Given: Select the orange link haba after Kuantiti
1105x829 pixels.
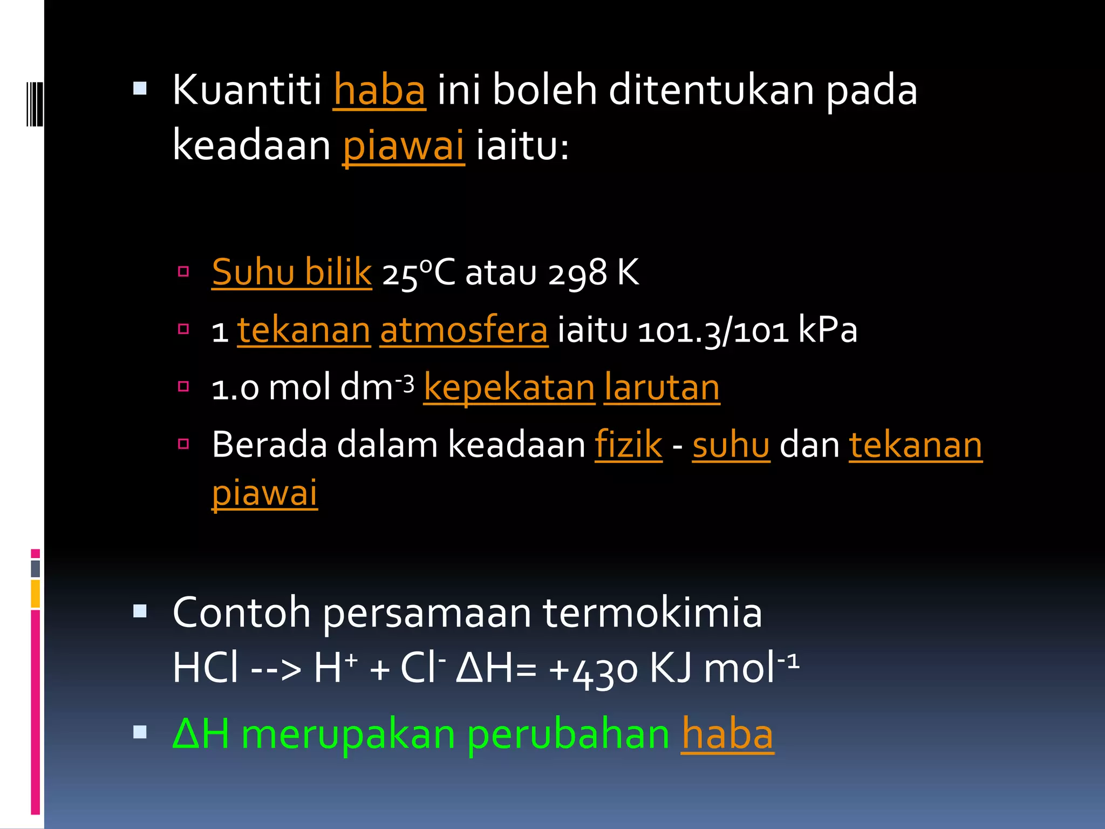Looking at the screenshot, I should [x=379, y=91].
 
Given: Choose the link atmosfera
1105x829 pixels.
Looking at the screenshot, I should [x=464, y=330].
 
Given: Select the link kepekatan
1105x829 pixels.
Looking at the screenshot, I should [x=509, y=388].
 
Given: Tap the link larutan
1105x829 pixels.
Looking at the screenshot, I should [x=662, y=388].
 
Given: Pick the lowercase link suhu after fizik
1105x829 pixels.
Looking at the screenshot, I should [x=731, y=445].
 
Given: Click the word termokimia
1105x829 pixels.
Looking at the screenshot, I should [x=652, y=613].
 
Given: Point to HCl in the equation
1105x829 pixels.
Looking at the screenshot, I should [x=206, y=668].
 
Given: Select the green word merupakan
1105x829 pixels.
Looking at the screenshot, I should [x=348, y=735].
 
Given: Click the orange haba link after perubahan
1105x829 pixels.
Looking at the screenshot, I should [x=727, y=735].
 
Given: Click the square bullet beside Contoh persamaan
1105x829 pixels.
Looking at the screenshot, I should [x=140, y=611].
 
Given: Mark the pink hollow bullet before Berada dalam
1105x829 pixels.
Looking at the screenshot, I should [x=183, y=444].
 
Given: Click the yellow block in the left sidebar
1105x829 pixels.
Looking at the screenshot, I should [x=36, y=594].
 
